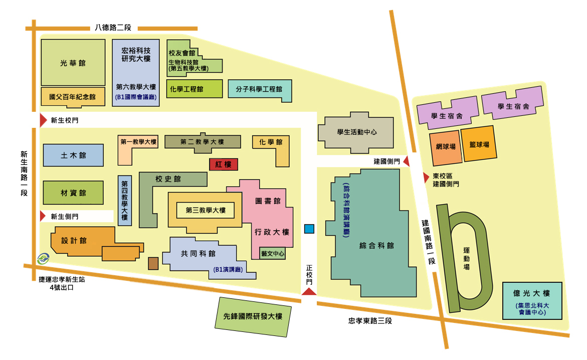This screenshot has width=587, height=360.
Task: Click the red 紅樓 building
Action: coord(223,164)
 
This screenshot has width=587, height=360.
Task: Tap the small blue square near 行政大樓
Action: coord(309,229)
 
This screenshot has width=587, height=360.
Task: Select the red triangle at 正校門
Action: coord(309,291)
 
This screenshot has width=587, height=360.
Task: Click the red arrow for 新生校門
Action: coord(43,120)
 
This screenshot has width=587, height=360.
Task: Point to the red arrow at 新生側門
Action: coord(43,216)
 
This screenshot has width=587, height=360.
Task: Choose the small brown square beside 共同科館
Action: coord(153,263)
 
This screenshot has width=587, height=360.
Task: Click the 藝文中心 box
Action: coord(273,254)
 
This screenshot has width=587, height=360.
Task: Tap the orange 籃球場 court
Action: coord(479,145)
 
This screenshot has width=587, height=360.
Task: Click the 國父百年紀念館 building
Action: coord(73,97)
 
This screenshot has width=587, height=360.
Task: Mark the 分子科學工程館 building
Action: coord(259,90)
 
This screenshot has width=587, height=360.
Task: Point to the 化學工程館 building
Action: coord(194,89)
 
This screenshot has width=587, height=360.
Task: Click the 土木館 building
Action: coord(73,155)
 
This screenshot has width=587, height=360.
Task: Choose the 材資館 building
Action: coord(73,193)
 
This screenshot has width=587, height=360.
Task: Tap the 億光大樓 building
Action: coord(532,300)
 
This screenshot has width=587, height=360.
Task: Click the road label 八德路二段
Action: coord(113,28)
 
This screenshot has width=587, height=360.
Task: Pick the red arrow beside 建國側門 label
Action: coord(406,161)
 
